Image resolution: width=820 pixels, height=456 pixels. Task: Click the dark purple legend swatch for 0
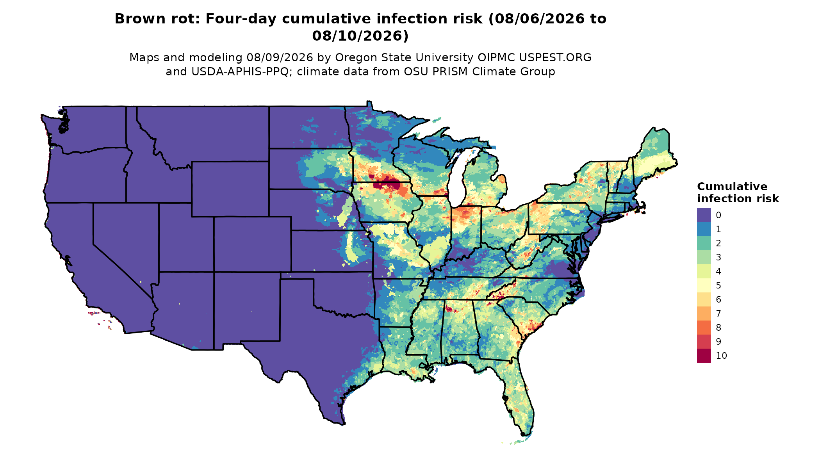[704, 215]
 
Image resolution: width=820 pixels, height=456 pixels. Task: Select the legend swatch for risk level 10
[704, 356]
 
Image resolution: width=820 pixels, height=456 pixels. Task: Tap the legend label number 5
[718, 285]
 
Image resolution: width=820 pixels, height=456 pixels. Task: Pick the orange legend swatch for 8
[704, 328]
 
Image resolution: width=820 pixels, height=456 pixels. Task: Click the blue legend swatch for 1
[704, 229]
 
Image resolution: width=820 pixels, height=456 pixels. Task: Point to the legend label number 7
[718, 313]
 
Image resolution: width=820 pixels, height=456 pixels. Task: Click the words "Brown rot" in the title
[157, 19]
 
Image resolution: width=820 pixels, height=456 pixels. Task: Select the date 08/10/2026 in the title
[360, 36]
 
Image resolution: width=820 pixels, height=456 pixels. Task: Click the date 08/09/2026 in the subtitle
[280, 57]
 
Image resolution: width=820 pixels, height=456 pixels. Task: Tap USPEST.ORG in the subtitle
[555, 57]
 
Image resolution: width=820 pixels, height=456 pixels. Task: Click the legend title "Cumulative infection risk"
[738, 192]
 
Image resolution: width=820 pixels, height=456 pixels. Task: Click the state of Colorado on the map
[252, 244]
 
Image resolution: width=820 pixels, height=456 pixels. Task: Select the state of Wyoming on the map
[230, 189]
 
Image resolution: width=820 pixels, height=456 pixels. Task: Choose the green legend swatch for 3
[704, 257]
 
